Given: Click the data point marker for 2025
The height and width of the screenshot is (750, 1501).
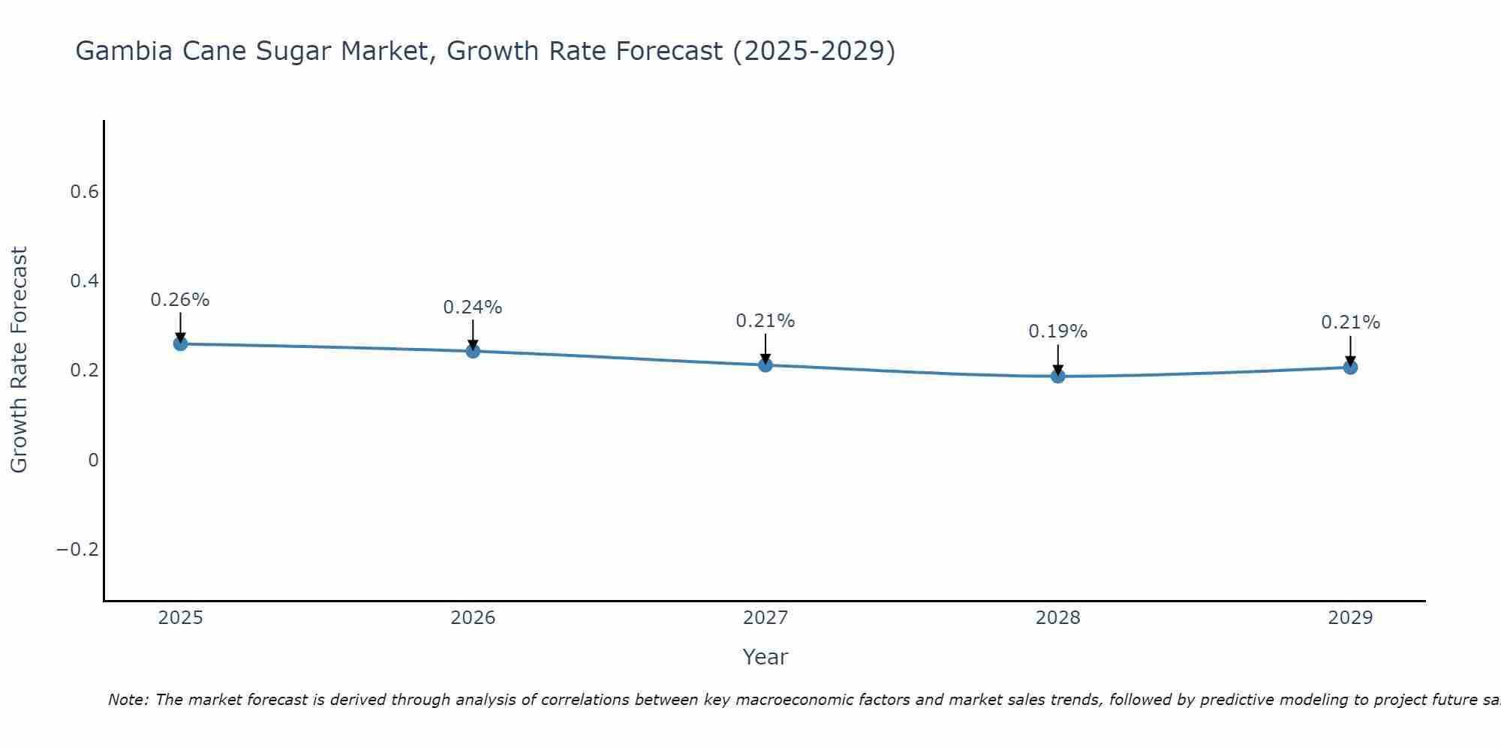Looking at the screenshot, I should point(180,343).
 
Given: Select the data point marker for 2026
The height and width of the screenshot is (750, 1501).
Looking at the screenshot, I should point(473,350).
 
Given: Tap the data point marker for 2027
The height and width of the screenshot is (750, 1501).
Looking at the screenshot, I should point(766,364).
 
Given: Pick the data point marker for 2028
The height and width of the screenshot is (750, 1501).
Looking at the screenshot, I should point(1057,376).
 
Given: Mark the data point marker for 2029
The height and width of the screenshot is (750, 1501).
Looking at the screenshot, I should point(1350,367).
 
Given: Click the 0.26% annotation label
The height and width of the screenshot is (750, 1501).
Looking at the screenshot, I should point(180,300).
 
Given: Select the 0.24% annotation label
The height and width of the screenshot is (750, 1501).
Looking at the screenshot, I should point(473,307).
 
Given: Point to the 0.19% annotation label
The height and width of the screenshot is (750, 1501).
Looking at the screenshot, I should point(1057,331).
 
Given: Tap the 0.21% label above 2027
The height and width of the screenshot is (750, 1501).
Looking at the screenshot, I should point(766,321).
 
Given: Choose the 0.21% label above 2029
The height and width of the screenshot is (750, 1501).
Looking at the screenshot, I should point(1350,322).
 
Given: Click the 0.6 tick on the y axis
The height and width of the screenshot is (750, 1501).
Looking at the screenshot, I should point(84,192).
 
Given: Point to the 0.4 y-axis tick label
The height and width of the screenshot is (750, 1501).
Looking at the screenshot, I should point(84,281).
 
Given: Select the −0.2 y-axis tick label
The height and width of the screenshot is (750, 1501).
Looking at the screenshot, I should point(77,550).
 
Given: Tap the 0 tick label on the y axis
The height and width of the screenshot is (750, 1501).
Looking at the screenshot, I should point(93,460).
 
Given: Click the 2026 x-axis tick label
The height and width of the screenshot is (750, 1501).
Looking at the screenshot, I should point(473,618).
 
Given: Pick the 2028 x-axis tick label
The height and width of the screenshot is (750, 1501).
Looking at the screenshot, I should point(1057,618).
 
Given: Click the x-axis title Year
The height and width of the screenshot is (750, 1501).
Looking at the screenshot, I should point(765,657).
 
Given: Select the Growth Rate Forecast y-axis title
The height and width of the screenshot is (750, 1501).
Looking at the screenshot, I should point(19,360).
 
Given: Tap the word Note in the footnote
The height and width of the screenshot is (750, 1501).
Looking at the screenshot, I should point(128,700).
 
